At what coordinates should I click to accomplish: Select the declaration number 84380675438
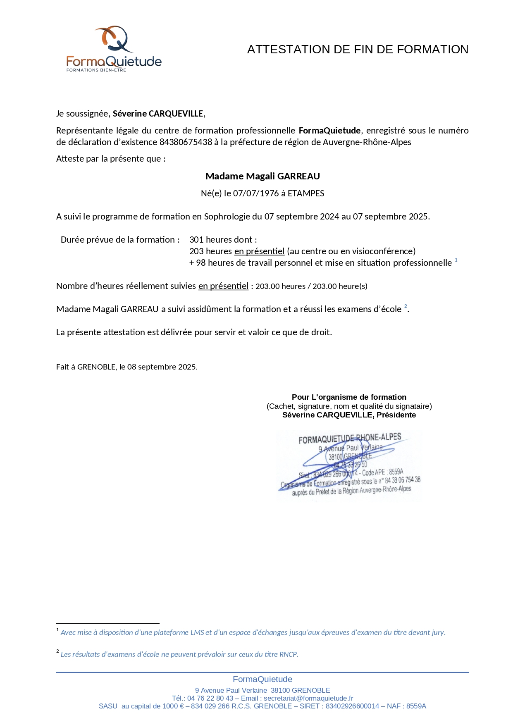point(186,142)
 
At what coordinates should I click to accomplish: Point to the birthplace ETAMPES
point(306,193)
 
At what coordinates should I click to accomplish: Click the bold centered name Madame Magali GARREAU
point(262,176)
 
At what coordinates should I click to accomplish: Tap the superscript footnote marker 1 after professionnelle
point(456,260)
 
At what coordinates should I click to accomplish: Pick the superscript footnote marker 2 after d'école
point(406,306)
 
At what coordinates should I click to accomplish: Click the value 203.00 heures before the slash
point(280,286)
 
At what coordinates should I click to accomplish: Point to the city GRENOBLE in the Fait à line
point(96,367)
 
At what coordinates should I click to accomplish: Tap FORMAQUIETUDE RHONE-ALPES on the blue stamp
point(350,439)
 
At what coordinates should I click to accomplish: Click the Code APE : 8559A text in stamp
point(382,472)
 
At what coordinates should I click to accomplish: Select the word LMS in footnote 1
point(197,632)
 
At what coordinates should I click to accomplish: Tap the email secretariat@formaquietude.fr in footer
point(308,698)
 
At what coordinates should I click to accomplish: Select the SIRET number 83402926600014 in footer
point(352,706)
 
